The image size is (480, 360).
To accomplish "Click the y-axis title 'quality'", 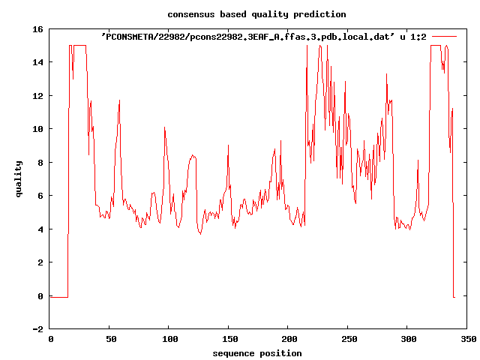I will click(x=19, y=179).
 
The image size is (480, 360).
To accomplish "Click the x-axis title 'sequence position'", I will click(x=256, y=353).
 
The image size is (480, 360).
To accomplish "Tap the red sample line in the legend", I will click(x=444, y=36).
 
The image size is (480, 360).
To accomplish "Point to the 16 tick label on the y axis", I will click(x=37, y=29).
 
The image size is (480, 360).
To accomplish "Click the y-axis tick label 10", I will click(x=37, y=129).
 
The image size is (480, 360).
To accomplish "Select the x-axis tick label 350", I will click(x=466, y=339).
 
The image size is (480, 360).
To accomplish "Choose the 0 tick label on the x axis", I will click(x=50, y=339).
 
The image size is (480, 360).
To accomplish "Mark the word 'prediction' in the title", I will click(x=320, y=14).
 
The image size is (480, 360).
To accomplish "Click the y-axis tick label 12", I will click(x=37, y=96).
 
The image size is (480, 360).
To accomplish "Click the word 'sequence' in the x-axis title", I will click(x=233, y=353).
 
